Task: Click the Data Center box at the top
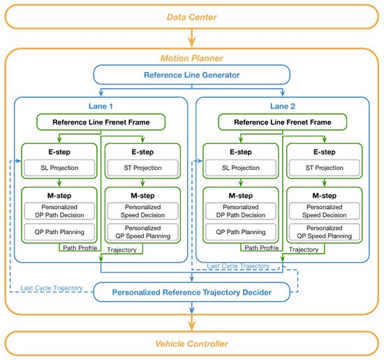tap(191, 16)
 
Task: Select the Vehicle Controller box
tap(191, 344)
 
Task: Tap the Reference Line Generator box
tap(191, 75)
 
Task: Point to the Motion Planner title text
tap(191, 59)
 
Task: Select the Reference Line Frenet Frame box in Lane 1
tap(101, 122)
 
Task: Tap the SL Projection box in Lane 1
tap(59, 167)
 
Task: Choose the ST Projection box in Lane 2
tap(323, 167)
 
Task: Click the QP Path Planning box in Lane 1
tap(59, 232)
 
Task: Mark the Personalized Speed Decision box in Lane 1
tap(142, 212)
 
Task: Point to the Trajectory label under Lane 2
tap(304, 248)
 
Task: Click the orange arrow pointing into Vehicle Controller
tap(191, 322)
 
